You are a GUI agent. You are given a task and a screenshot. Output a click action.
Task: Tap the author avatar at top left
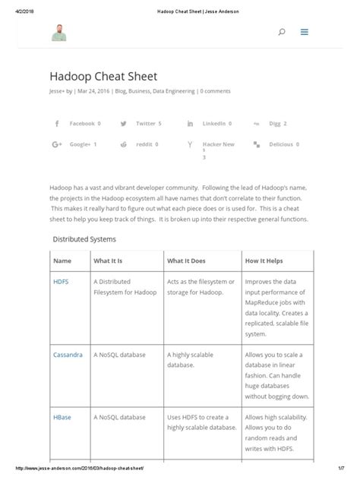point(59,33)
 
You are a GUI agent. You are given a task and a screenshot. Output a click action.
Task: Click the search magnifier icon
point(282,33)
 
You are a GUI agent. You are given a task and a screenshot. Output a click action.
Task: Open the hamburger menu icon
point(304,33)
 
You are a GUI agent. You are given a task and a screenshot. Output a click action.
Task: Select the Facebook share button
point(77,123)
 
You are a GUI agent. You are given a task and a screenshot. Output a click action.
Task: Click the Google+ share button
point(75,144)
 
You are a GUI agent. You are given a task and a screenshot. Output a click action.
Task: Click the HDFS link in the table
point(61,281)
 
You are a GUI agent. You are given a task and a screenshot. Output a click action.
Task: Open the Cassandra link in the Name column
point(68,355)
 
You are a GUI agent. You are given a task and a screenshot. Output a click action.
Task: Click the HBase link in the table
point(62,417)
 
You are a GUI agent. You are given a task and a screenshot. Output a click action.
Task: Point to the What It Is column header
point(109,261)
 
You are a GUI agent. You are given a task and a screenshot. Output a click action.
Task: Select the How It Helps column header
point(264,261)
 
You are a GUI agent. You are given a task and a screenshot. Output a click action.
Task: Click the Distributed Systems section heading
point(84,238)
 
